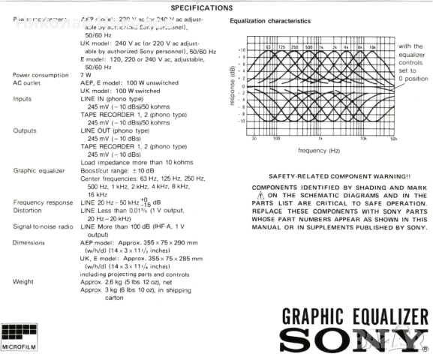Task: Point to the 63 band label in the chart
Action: click(x=266, y=46)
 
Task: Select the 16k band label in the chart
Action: click(x=374, y=46)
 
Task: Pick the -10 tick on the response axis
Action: click(x=242, y=120)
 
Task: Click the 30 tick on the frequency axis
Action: click(x=254, y=138)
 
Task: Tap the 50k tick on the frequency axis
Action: click(x=394, y=138)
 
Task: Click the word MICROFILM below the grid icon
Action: click(x=17, y=347)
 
